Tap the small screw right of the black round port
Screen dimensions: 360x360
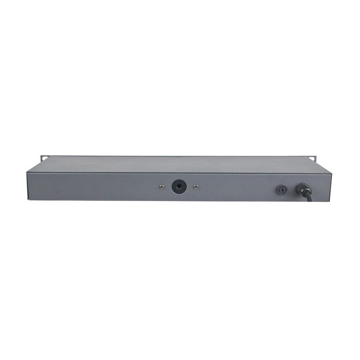coord(195,186)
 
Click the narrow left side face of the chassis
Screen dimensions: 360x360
coord(28,184)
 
